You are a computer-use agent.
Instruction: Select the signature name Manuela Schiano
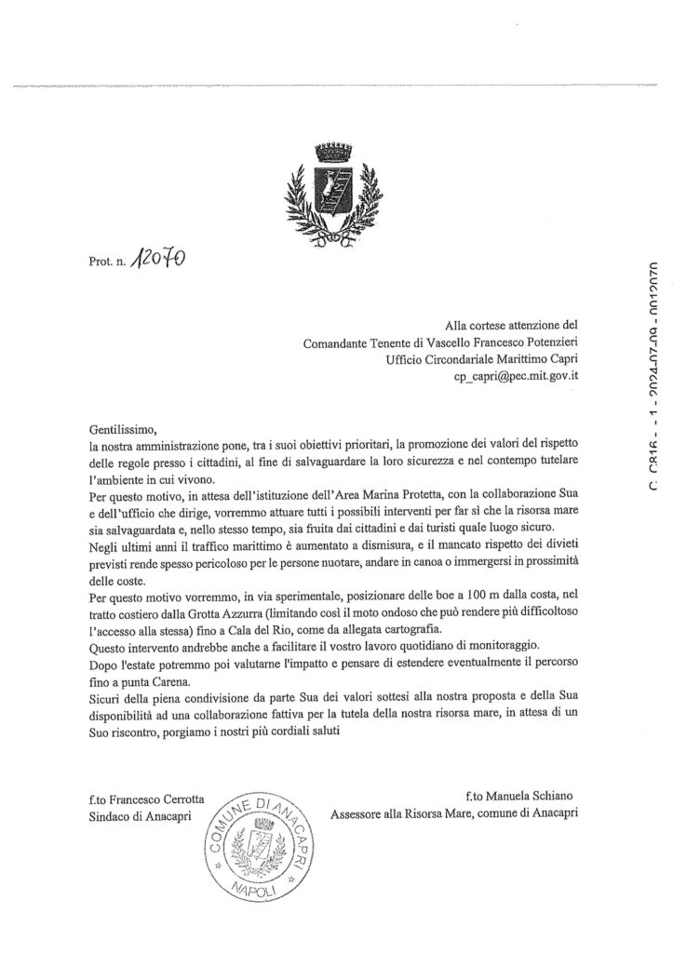[525, 796]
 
